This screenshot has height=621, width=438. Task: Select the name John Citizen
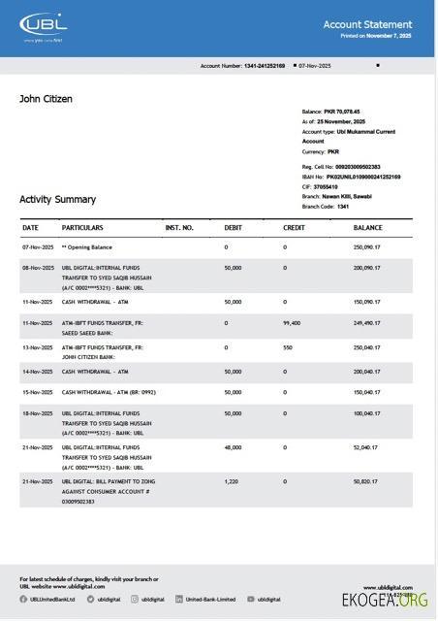(46, 99)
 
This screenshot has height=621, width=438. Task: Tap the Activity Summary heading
(57, 199)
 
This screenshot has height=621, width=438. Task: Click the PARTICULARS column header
(82, 228)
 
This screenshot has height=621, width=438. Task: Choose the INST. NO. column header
(179, 228)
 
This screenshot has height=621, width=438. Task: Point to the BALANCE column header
(367, 228)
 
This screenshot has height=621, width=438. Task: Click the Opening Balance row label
(87, 247)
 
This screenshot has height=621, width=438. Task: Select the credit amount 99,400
(292, 323)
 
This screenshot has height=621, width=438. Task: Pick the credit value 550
(288, 347)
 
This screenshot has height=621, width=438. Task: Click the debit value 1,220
(231, 481)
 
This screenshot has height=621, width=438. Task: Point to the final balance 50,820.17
(366, 481)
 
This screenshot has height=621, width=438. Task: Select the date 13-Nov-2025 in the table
(38, 347)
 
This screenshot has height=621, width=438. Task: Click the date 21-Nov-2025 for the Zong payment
(38, 481)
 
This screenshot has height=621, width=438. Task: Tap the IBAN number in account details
(351, 177)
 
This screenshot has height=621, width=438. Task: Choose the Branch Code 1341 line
(326, 207)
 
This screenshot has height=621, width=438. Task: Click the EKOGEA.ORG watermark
(385, 601)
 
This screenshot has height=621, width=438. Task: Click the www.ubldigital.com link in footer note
(78, 586)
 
